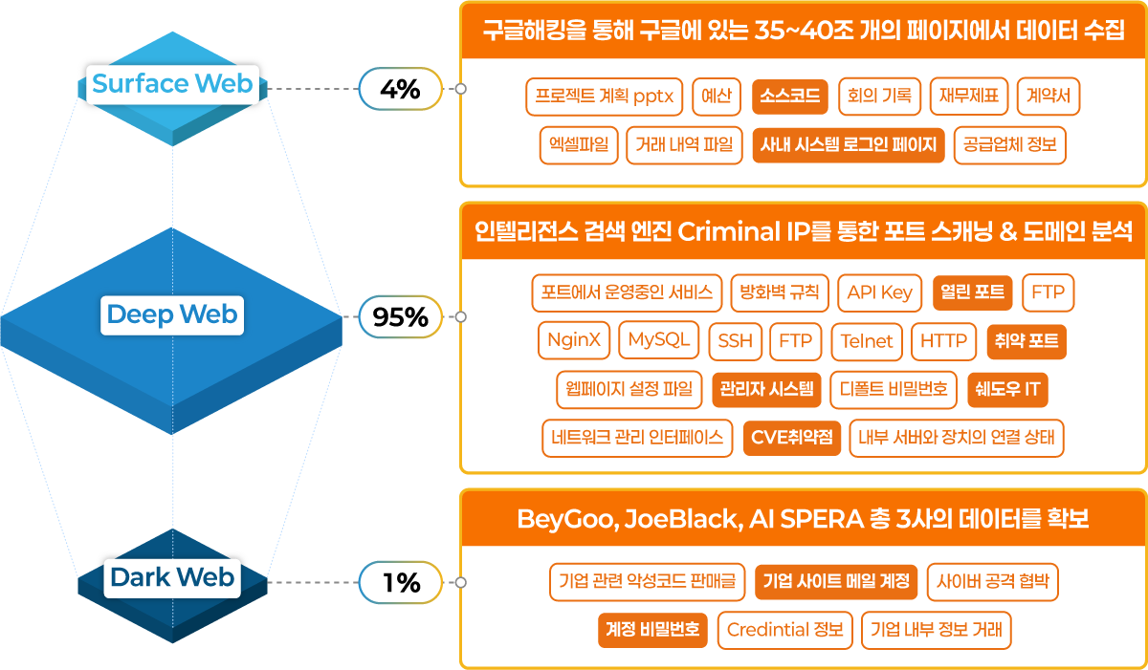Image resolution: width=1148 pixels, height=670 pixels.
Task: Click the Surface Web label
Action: point(172,84)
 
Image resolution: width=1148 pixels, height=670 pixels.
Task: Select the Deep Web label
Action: point(172,314)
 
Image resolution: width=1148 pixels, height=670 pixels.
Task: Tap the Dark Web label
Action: point(172,577)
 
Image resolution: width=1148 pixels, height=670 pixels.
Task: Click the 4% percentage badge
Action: point(400,90)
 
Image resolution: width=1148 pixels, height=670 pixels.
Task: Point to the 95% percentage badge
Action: point(400,317)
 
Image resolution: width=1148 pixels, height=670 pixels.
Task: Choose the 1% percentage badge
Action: point(400,582)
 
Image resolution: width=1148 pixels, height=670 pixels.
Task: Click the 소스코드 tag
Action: point(789,97)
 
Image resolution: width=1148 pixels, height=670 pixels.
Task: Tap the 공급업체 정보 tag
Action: point(1009,145)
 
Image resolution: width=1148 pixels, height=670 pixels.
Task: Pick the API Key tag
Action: point(880,292)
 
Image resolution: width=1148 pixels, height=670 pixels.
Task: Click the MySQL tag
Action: point(658,339)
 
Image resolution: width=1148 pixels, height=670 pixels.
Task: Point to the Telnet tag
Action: point(867,341)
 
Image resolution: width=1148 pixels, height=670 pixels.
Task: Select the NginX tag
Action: point(574,339)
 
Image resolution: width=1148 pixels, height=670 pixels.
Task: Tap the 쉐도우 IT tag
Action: point(1007,389)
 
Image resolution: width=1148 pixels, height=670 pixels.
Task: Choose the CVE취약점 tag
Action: point(791,438)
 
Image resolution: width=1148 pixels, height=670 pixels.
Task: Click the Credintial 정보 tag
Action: point(784,630)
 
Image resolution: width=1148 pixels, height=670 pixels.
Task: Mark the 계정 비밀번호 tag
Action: point(652,630)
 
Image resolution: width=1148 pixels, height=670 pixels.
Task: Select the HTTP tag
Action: point(943,341)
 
